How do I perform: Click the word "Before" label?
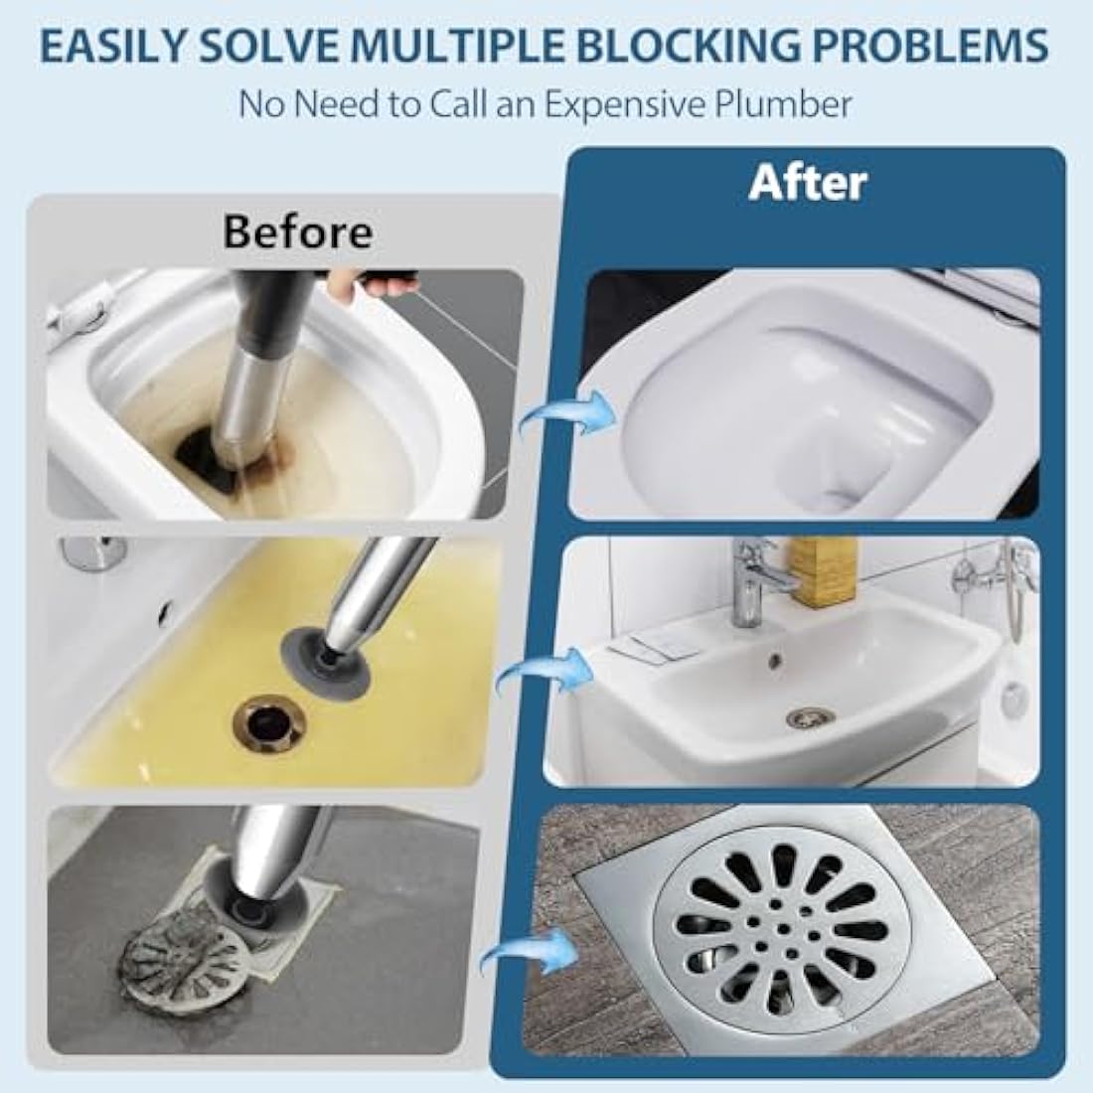point(298,232)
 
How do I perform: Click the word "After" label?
point(808,183)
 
